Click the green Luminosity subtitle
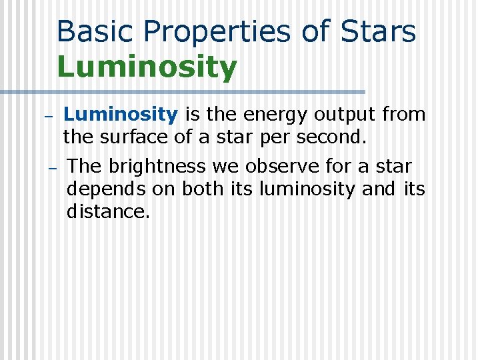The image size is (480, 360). click(147, 67)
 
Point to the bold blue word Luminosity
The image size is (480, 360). click(121, 115)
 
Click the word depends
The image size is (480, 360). click(106, 190)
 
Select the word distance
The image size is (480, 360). click(109, 213)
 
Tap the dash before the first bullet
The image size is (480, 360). click(48, 116)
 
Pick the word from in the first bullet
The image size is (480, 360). click(404, 115)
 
